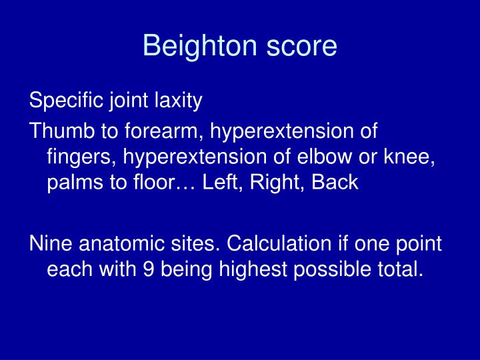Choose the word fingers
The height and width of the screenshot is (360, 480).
pyautogui.click(x=74, y=157)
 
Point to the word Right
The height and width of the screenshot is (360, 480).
pyautogui.click(x=269, y=183)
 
